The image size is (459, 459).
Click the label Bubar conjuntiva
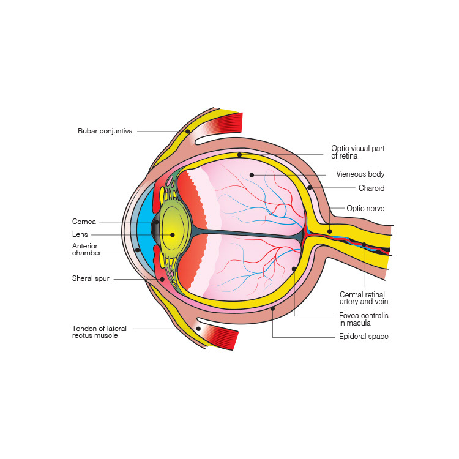click(105, 131)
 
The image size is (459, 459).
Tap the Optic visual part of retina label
click(357, 152)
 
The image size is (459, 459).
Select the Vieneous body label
click(360, 174)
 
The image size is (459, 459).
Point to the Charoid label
click(371, 188)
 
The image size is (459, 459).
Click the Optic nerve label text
click(365, 209)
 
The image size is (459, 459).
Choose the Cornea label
click(84, 222)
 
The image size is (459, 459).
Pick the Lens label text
click(80, 234)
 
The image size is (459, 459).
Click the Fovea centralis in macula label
click(364, 319)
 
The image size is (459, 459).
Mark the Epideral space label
click(364, 337)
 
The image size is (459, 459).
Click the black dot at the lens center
click(173, 234)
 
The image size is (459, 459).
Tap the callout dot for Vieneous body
click(252, 175)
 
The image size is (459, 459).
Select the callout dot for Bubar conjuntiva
click(187, 131)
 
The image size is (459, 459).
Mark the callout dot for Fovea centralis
click(294, 269)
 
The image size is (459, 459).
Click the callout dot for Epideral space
click(273, 310)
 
